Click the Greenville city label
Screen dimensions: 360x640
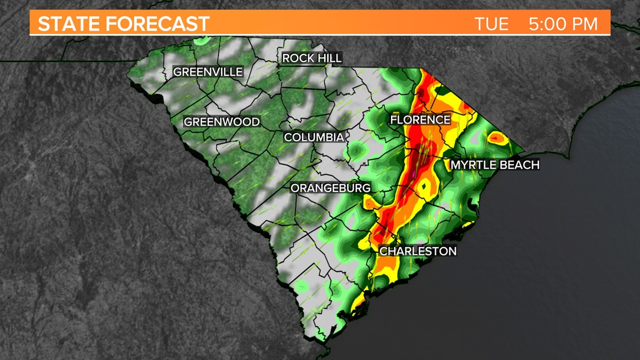(x=208, y=72)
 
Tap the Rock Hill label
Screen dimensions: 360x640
(x=312, y=58)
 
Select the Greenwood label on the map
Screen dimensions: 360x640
(x=222, y=122)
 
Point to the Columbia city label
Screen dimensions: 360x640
(x=314, y=137)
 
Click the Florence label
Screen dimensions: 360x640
(x=420, y=120)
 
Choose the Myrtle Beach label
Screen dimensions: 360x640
(x=495, y=165)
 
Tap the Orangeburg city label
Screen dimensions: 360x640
(x=330, y=188)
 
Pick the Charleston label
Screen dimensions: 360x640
(x=418, y=251)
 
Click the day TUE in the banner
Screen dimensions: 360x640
(x=491, y=24)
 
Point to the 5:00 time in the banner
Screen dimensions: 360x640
(x=548, y=24)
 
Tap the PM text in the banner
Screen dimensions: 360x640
(x=585, y=24)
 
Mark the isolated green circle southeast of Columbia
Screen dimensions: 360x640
(x=356, y=151)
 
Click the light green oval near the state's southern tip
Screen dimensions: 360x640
(x=302, y=286)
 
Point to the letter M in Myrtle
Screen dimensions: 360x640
(x=455, y=165)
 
